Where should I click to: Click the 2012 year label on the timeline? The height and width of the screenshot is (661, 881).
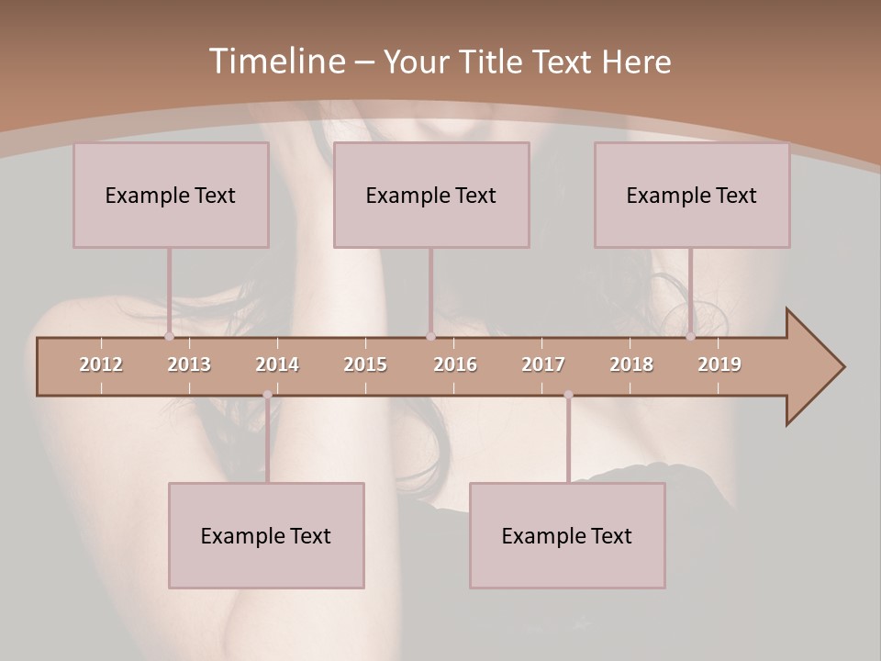click(101, 364)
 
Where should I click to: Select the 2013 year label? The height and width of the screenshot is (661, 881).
click(189, 364)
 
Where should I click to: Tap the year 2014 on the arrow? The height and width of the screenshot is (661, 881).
click(277, 364)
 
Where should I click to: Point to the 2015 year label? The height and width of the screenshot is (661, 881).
click(365, 364)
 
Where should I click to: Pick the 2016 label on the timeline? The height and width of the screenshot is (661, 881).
click(455, 364)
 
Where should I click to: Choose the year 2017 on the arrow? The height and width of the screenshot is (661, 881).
click(543, 364)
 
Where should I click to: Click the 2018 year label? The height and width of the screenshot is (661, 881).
click(631, 364)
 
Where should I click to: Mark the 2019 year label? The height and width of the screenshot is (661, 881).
click(719, 364)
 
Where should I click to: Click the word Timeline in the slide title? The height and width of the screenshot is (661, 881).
click(276, 62)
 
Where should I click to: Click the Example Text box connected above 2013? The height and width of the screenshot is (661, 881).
click(171, 195)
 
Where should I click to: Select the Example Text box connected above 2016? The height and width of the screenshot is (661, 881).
click(431, 195)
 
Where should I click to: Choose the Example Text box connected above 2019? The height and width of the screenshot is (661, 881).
click(692, 195)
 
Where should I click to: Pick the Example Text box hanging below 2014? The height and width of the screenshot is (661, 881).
click(266, 535)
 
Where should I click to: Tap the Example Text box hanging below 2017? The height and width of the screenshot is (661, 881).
click(567, 535)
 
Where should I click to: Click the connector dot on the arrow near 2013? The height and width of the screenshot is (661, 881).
click(169, 336)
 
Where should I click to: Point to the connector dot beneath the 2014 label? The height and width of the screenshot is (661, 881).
click(267, 395)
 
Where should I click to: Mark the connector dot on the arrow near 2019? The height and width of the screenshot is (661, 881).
click(690, 336)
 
